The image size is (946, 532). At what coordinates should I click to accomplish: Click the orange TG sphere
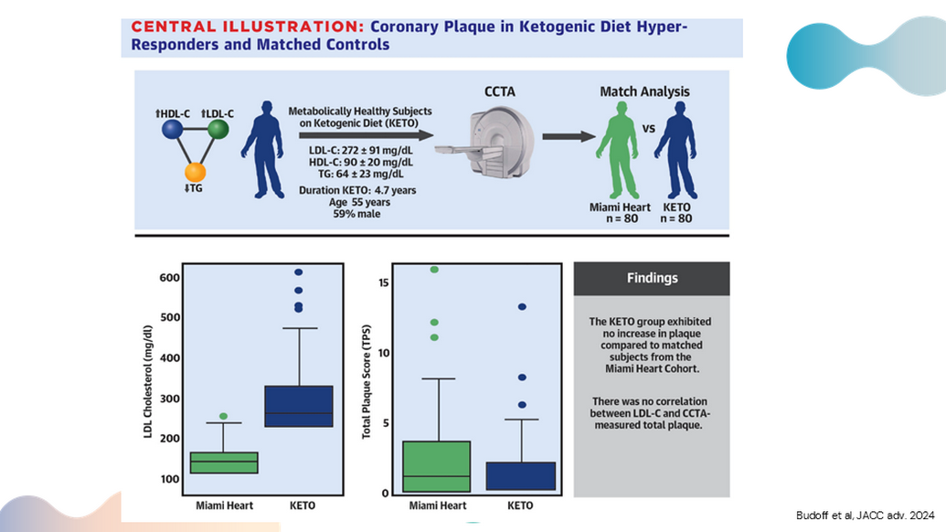pyautogui.click(x=195, y=172)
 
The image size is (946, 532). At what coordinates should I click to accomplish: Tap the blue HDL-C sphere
pyautogui.click(x=171, y=131)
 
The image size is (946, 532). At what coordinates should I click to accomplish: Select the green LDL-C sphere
pyautogui.click(x=218, y=131)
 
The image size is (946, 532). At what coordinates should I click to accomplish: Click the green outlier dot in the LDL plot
pyautogui.click(x=223, y=416)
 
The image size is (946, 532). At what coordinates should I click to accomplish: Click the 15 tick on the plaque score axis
pyautogui.click(x=372, y=282)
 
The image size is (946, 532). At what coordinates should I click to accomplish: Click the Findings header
pyautogui.click(x=652, y=279)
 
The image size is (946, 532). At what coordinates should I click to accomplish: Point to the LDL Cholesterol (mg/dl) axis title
pyautogui.click(x=147, y=380)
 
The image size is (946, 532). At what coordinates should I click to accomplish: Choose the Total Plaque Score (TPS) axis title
pyautogui.click(x=367, y=380)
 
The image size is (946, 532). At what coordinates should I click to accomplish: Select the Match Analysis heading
pyautogui.click(x=644, y=91)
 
